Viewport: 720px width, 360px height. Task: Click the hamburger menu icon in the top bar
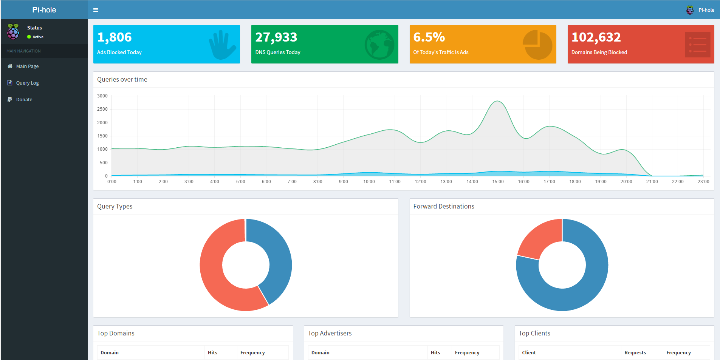(x=96, y=10)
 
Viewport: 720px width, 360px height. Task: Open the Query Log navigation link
(x=27, y=83)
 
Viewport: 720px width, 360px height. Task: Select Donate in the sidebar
(x=24, y=99)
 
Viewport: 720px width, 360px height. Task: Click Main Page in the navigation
(x=27, y=66)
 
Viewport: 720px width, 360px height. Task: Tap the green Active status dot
(x=29, y=37)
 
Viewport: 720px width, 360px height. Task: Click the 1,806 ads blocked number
(x=115, y=37)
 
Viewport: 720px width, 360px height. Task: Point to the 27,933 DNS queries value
(x=276, y=37)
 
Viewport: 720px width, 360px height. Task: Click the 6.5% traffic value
(x=429, y=37)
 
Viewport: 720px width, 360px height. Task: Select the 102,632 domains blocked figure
(x=596, y=37)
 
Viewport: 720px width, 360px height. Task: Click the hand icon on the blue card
(x=222, y=45)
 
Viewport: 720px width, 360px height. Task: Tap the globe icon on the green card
(x=379, y=45)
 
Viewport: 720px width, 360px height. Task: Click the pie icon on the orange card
(x=537, y=45)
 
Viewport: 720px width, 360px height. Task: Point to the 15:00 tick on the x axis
(x=498, y=182)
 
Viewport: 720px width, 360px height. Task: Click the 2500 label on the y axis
(x=102, y=109)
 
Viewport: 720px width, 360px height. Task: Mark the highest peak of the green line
(x=497, y=101)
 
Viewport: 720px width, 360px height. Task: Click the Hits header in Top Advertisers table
(x=435, y=352)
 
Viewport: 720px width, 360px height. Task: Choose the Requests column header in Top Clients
(x=635, y=352)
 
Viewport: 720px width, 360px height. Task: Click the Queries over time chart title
(x=122, y=79)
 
